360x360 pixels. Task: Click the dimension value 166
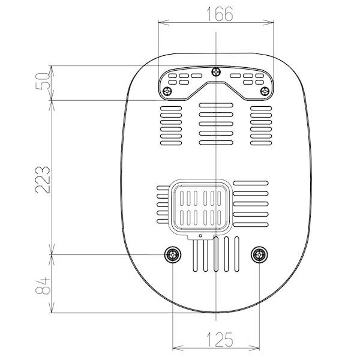220,14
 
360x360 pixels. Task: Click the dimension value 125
220,340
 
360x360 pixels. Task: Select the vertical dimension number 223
43,180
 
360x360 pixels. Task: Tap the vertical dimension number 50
43,81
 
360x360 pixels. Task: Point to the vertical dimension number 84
43,286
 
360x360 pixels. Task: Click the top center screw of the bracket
216,72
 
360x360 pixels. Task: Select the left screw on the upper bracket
167,92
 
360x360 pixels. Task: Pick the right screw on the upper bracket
265,91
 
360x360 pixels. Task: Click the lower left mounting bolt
173,254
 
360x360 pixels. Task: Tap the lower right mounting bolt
259,254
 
